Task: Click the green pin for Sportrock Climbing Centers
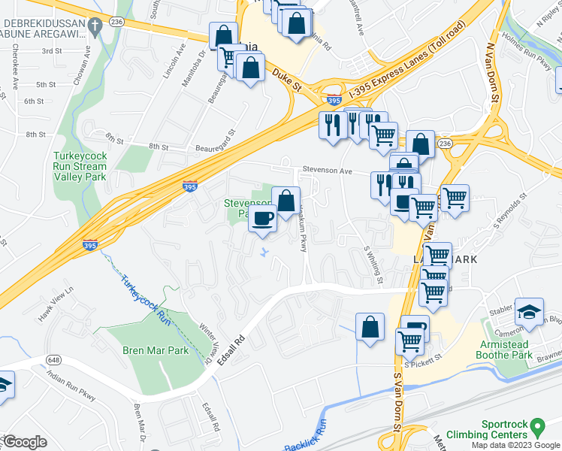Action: tap(536, 428)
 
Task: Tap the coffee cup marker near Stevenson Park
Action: tap(262, 219)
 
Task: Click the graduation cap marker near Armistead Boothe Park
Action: tap(529, 310)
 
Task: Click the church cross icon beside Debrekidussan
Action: tap(94, 27)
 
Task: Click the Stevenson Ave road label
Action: tap(328, 171)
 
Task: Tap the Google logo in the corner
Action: tap(25, 442)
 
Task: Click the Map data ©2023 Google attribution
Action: tap(515, 445)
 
